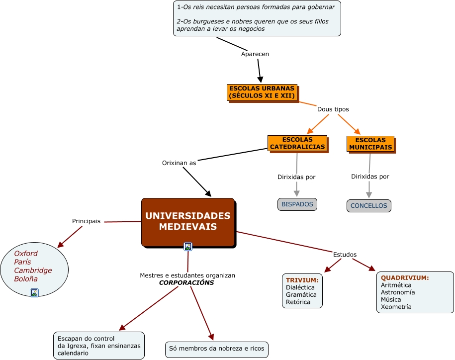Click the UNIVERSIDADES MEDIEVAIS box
coord(188,222)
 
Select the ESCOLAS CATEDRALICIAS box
coord(297,143)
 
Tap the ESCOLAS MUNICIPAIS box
coord(370,144)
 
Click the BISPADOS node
coord(297,204)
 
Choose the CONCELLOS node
coord(368,206)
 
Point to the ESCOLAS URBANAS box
coord(262,92)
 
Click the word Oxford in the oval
coord(26,254)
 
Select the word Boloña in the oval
coord(26,279)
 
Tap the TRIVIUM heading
coord(302,280)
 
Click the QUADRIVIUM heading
coord(405,278)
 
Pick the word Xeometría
coord(396,307)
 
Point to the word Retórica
coord(298,302)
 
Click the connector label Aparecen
coord(255,54)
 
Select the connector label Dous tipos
coord(333,109)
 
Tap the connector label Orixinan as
coord(179,163)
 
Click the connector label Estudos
coord(345,255)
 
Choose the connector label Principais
coord(86,221)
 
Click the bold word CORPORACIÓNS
coord(186,282)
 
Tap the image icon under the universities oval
coord(34,293)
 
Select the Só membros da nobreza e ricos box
coord(217,349)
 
